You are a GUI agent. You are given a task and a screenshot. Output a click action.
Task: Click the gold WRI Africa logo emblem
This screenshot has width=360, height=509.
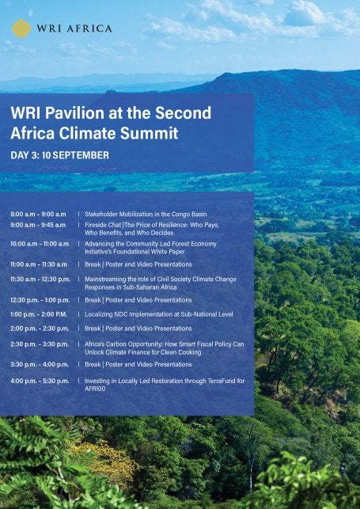(x=21, y=28)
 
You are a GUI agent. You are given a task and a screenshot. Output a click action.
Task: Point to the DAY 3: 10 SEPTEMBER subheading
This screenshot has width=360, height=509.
(x=59, y=155)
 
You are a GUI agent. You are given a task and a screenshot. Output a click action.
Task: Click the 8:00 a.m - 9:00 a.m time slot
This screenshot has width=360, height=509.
(x=38, y=215)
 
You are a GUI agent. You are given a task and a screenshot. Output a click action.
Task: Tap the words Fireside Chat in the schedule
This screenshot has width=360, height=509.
(x=107, y=225)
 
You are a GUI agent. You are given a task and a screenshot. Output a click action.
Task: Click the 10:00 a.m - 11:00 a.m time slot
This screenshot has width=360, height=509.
(x=40, y=244)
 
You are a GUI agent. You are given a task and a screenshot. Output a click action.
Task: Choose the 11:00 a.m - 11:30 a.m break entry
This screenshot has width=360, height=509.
(x=39, y=264)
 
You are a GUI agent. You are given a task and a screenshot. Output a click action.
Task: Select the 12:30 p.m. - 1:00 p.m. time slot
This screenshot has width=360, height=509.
(x=40, y=300)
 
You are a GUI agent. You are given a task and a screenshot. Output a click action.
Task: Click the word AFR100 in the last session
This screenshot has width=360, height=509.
(x=95, y=389)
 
